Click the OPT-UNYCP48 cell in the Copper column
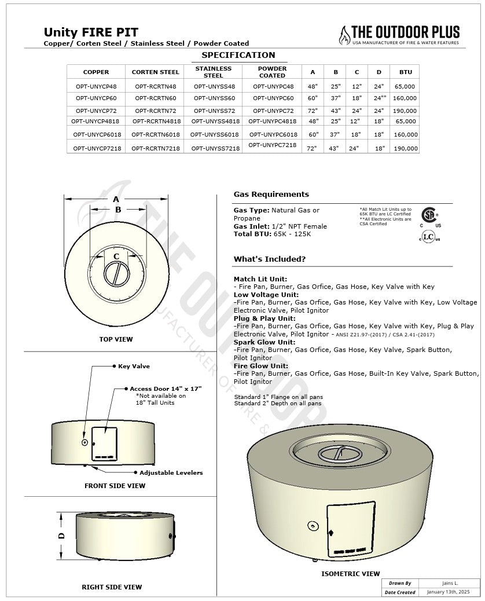pyautogui.click(x=96, y=86)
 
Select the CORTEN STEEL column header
pyautogui.click(x=156, y=72)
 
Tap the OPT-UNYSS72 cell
pyautogui.click(x=214, y=109)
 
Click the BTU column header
pyautogui.click(x=406, y=72)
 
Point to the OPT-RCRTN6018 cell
pyautogui.click(x=156, y=134)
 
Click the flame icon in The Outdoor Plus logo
pyautogui.click(x=345, y=35)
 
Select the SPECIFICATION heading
pyautogui.click(x=238, y=56)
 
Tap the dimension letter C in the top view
pyautogui.click(x=116, y=256)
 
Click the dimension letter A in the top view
pyautogui.click(x=116, y=199)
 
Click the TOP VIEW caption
pyautogui.click(x=116, y=339)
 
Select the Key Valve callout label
pyautogui.click(x=134, y=367)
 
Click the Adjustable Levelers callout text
pyautogui.click(x=171, y=473)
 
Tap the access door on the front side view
pyautogui.click(x=104, y=444)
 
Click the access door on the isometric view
pyautogui.click(x=348, y=527)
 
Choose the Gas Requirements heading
pyautogui.click(x=271, y=195)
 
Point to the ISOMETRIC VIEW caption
pyautogui.click(x=351, y=574)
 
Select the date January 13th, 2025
pyautogui.click(x=449, y=592)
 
